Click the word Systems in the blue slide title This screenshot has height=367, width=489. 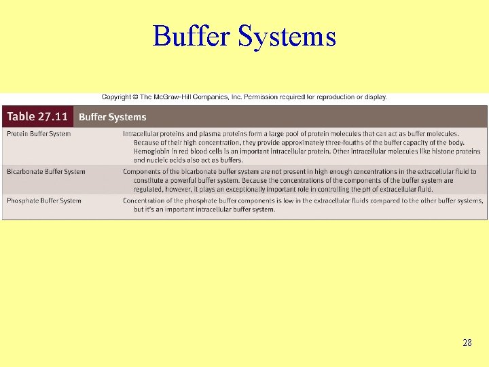pos(287,36)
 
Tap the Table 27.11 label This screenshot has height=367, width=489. pos(37,116)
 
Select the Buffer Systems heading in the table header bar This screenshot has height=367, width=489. pos(112,117)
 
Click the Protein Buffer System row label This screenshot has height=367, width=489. pos(39,134)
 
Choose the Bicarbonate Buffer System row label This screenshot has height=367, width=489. pos(46,172)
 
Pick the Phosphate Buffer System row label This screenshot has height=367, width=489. pos(43,200)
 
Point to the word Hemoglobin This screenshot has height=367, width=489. pos(153,152)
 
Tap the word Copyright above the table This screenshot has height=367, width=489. pos(118,97)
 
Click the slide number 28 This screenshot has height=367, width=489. pos(467,343)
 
